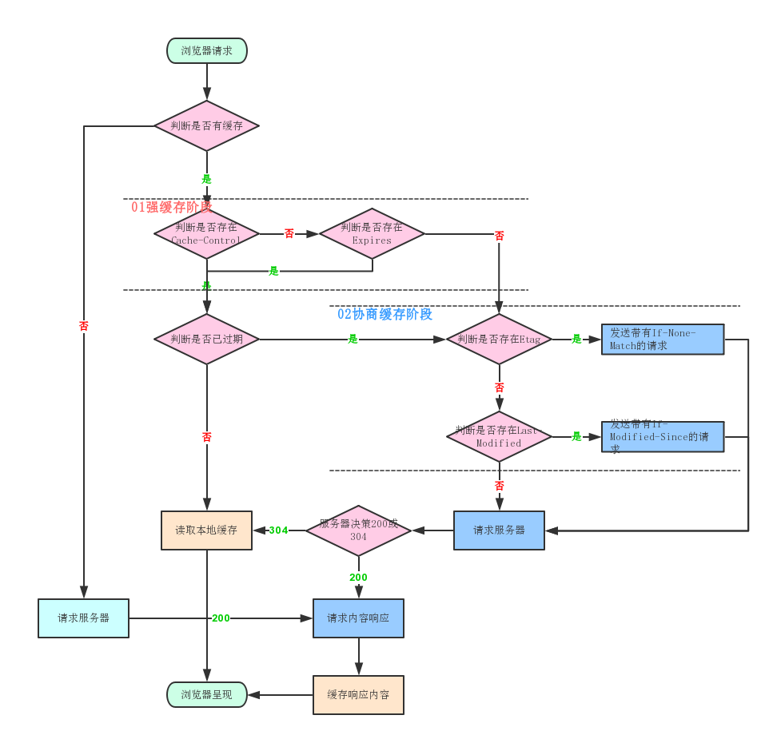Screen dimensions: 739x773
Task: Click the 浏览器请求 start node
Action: [x=206, y=50]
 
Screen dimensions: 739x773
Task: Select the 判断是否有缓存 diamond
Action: [x=206, y=125]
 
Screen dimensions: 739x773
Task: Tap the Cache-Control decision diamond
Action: [x=206, y=233]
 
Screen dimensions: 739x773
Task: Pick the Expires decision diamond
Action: [x=372, y=233]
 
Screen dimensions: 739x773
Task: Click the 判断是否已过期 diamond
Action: [x=206, y=339]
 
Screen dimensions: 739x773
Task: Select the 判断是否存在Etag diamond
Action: [x=499, y=339]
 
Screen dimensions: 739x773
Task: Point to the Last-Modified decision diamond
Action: [x=499, y=436]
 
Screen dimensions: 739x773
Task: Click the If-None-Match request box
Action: [x=663, y=339]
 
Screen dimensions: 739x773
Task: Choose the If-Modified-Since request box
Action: [x=663, y=437]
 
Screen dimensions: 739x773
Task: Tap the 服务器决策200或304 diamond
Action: [x=358, y=530]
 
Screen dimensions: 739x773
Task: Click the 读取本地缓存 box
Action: [x=206, y=530]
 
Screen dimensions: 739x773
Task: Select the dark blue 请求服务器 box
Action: [x=499, y=530]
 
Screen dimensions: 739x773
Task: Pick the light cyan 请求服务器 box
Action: [x=83, y=618]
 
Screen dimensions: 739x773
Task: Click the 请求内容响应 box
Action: [x=358, y=618]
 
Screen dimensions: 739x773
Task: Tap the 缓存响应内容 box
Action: [x=358, y=695]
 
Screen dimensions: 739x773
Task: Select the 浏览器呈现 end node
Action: [x=206, y=695]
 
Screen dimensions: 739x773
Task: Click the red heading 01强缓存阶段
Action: [x=172, y=207]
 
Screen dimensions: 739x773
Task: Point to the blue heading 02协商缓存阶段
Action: [x=385, y=314]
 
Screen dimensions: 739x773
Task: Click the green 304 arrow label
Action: [x=278, y=530]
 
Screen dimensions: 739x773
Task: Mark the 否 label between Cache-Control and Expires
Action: [x=289, y=233]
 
